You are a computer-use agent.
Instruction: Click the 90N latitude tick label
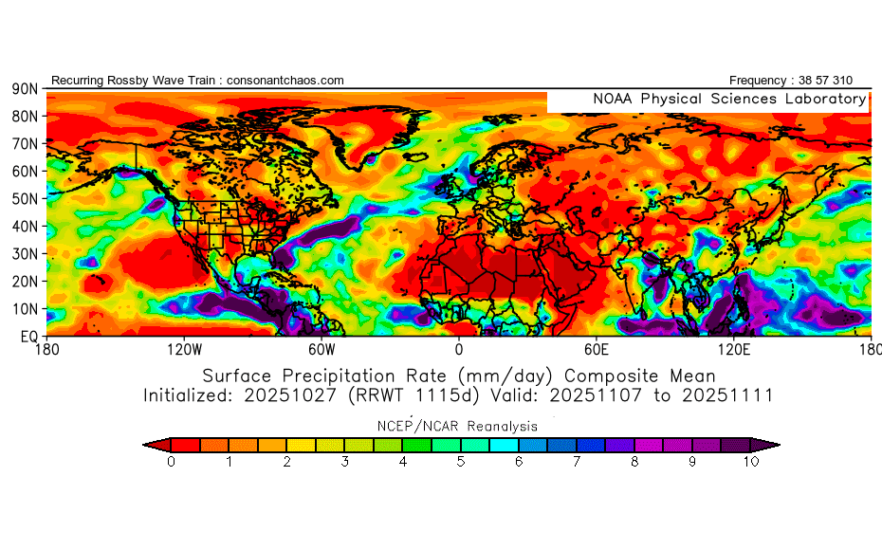[24, 88]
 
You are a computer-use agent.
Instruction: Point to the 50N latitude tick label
[24, 198]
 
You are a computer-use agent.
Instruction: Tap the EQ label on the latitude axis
[28, 336]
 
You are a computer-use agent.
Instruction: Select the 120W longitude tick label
[183, 348]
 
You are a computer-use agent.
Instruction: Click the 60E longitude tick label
[596, 348]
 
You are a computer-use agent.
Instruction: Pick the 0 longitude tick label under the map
[459, 348]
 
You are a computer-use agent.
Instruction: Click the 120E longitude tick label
[733, 348]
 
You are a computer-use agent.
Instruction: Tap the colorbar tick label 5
[461, 462]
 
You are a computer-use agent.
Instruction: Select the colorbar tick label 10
[751, 462]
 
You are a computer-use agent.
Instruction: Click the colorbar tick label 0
[171, 462]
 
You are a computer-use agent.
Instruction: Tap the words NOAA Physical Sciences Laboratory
[729, 99]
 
